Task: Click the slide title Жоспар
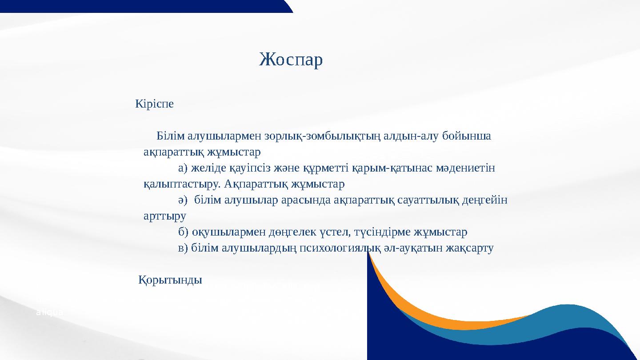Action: [x=291, y=60]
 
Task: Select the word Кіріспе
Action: [x=154, y=104]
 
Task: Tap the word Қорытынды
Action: [x=170, y=280]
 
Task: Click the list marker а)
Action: [x=183, y=168]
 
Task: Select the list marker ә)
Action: [x=183, y=200]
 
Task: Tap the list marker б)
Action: [x=183, y=232]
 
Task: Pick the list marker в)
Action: [x=183, y=248]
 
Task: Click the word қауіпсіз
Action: [x=250, y=168]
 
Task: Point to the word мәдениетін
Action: [x=465, y=168]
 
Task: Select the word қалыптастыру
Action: [x=182, y=184]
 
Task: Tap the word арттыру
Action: [x=165, y=216]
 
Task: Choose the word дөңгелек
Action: [x=292, y=232]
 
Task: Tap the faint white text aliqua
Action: [x=50, y=312]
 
